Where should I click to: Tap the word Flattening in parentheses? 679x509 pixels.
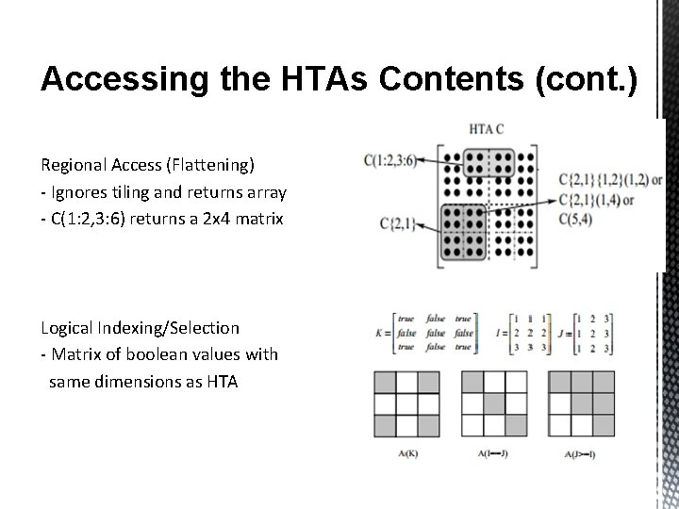point(209,165)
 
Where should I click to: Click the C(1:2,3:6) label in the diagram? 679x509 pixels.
point(389,159)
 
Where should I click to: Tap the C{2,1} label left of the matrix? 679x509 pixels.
point(396,222)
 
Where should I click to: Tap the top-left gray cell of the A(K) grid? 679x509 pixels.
point(385,382)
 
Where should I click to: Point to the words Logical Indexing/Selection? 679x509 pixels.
point(140,327)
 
